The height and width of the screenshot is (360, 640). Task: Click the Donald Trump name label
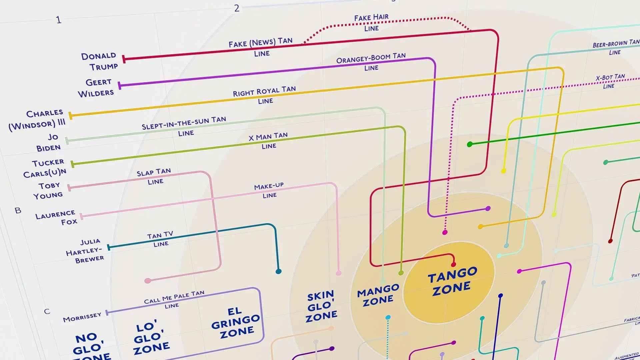pyautogui.click(x=99, y=61)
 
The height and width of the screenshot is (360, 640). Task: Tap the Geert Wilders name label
pyautogui.click(x=96, y=88)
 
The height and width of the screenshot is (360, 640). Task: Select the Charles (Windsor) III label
pyautogui.click(x=37, y=119)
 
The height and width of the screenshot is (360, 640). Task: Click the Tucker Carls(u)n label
pyautogui.click(x=45, y=168)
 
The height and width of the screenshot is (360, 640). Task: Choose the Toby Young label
pyautogui.click(x=48, y=190)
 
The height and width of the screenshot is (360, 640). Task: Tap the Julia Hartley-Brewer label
pyautogui.click(x=85, y=251)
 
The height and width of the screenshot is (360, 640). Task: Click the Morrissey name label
pyautogui.click(x=82, y=317)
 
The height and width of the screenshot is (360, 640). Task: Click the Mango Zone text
pyautogui.click(x=378, y=295)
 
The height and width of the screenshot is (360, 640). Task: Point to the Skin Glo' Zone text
pyautogui.click(x=321, y=306)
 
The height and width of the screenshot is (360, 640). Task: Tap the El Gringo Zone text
pyautogui.click(x=236, y=323)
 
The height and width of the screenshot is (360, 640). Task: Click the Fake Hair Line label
pyautogui.click(x=371, y=22)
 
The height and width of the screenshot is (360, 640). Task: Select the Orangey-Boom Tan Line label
pyautogui.click(x=371, y=62)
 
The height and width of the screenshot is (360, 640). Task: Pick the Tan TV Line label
pyautogui.click(x=160, y=239)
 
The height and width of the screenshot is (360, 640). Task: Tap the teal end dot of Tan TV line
pyautogui.click(x=279, y=271)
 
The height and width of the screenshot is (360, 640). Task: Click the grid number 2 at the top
pyautogui.click(x=237, y=8)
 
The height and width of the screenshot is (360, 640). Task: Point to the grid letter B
pyautogui.click(x=18, y=211)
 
